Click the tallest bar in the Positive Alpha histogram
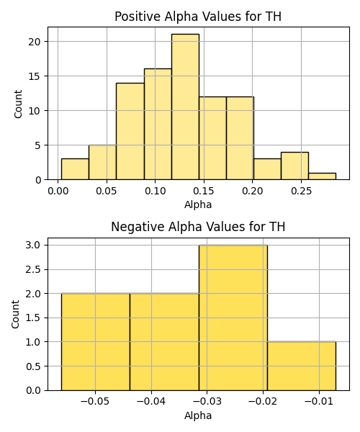click(x=185, y=107)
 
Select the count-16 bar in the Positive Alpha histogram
click(x=158, y=125)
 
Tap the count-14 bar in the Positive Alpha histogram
click(x=130, y=131)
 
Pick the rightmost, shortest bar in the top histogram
click(x=322, y=176)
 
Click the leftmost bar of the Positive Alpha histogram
click(x=75, y=169)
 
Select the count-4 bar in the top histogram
click(x=294, y=166)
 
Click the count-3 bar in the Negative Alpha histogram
click(x=233, y=318)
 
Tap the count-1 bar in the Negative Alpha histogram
click(x=302, y=366)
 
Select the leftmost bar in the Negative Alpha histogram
click(x=96, y=342)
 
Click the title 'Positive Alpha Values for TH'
click(x=198, y=17)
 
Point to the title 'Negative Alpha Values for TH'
click(x=198, y=227)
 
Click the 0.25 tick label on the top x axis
click(x=302, y=191)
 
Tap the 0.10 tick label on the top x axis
click(x=156, y=191)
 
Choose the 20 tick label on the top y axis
click(x=34, y=42)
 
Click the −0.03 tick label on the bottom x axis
click(x=207, y=402)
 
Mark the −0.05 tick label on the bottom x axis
click(x=95, y=402)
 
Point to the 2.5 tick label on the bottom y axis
click(x=33, y=269)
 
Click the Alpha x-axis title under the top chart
click(x=198, y=204)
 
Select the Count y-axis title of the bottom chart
click(x=15, y=314)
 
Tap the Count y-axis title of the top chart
click(x=18, y=104)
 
